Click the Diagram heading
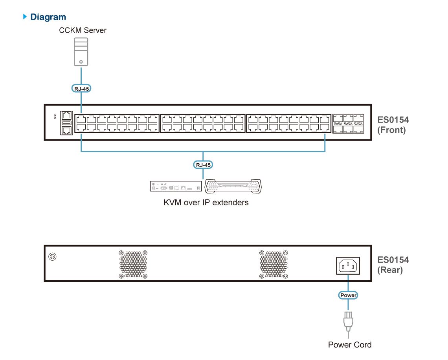[48, 17]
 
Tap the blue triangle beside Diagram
[25, 16]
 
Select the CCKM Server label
[83, 30]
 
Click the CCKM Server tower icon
[81, 52]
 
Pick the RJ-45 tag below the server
[81, 88]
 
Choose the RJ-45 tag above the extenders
[203, 165]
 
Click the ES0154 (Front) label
[393, 125]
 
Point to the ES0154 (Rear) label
[393, 265]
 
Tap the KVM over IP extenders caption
[206, 203]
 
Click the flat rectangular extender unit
[176, 186]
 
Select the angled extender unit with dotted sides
[233, 186]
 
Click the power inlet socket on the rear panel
[348, 266]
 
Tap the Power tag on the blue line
[348, 295]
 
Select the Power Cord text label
[350, 345]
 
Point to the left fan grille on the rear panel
[133, 264]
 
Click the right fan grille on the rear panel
[274, 264]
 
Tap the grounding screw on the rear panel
[52, 257]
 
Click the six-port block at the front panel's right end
[348, 124]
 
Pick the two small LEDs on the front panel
[55, 117]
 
